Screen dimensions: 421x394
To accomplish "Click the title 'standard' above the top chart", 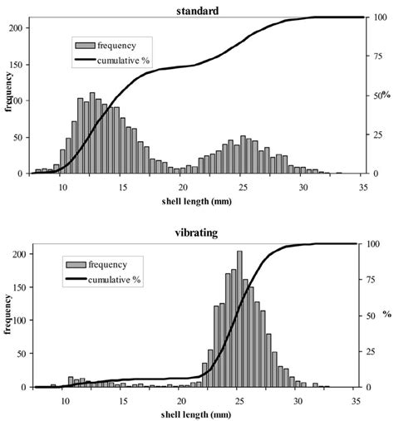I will pos(198,8).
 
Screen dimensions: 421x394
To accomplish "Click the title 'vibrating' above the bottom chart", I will pos(198,233).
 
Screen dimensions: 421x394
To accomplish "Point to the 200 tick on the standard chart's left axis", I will pos(22,27).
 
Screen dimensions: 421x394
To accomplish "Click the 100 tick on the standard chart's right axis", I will pos(375,17).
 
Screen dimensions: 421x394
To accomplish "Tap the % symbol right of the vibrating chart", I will pos(387,316).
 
